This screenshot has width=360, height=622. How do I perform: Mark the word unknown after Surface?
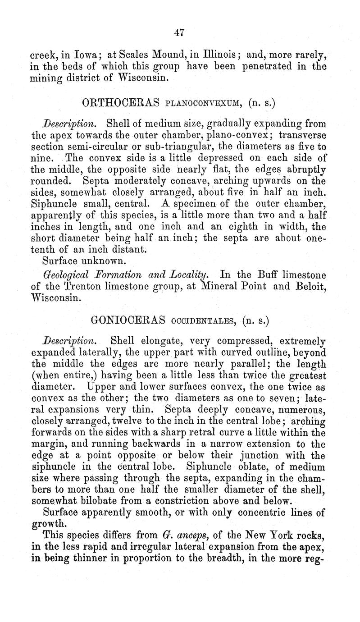tap(97, 260)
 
